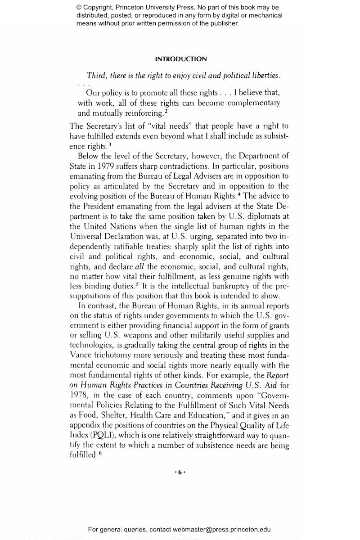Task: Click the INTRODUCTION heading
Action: pos(181,59)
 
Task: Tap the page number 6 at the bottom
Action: pos(180,472)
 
